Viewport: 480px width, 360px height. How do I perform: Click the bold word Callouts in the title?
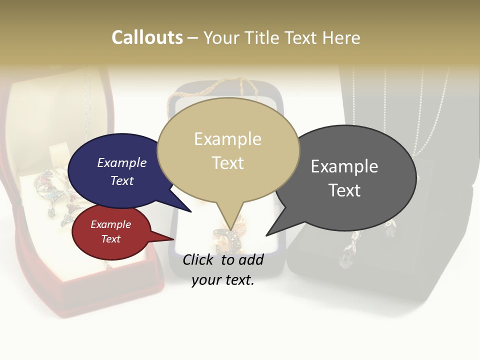[x=147, y=37]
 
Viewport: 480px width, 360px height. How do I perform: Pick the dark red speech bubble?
[x=111, y=232]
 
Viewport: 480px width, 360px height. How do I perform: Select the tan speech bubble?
[x=228, y=150]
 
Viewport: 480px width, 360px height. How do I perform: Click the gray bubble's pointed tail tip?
[x=266, y=235]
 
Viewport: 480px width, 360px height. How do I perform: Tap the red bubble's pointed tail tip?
[x=173, y=239]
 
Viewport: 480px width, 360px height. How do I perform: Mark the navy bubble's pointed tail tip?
[x=191, y=211]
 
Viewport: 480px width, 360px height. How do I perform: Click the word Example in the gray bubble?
[x=344, y=166]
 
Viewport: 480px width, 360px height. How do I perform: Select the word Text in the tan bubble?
[x=228, y=163]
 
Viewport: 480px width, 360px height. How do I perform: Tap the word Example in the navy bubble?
[x=122, y=162]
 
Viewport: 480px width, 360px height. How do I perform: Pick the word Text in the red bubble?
[x=111, y=239]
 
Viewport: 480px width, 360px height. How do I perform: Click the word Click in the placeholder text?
[x=198, y=259]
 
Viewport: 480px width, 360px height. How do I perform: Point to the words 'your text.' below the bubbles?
[x=223, y=280]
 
